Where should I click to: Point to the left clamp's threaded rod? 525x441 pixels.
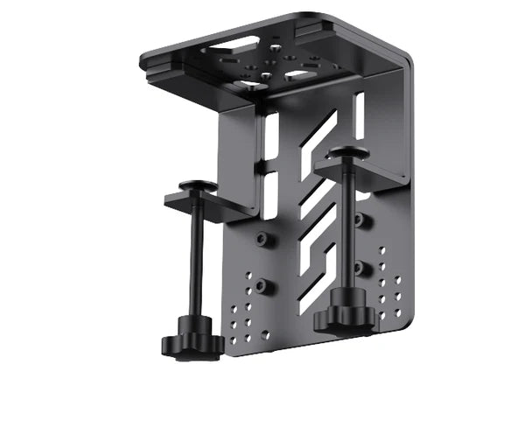click(x=198, y=262)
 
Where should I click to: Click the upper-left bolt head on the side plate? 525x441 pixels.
click(x=262, y=239)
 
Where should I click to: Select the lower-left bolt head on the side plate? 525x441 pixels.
click(x=262, y=286)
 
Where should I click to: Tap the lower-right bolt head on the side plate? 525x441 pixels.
click(x=360, y=267)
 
